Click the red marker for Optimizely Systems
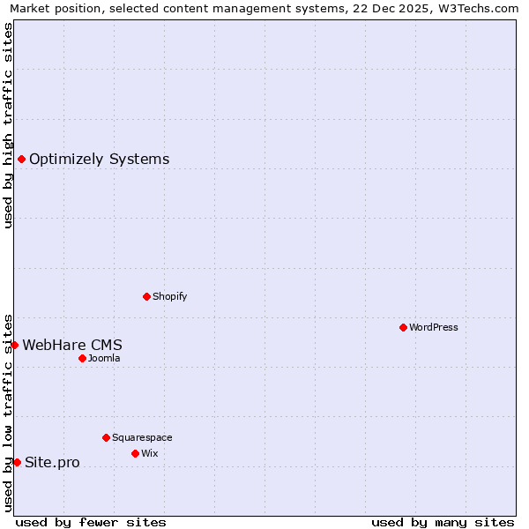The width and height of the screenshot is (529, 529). tap(21, 159)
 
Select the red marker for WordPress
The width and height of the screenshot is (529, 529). tap(403, 327)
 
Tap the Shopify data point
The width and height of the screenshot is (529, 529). tap(146, 296)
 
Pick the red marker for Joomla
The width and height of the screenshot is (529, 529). tap(82, 358)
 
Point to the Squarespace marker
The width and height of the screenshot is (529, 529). tap(106, 437)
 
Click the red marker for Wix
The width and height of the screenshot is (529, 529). tap(135, 453)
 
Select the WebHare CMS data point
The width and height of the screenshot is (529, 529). tap(14, 345)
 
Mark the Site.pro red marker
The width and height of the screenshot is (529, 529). tap(17, 462)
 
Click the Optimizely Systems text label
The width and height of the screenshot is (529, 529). tap(99, 160)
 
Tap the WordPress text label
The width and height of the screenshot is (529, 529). tap(434, 327)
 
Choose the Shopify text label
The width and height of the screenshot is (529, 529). tap(169, 296)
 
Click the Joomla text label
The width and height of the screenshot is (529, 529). tap(104, 358)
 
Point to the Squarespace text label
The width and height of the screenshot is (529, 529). tap(142, 437)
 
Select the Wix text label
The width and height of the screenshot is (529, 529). tap(149, 453)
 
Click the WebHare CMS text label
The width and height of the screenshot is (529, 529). tap(72, 346)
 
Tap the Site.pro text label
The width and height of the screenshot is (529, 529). tap(52, 463)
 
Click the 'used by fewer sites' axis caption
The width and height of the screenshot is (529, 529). tap(91, 522)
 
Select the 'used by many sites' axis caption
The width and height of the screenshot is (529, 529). tap(443, 522)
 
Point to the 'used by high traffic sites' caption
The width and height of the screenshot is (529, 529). tap(9, 125)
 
